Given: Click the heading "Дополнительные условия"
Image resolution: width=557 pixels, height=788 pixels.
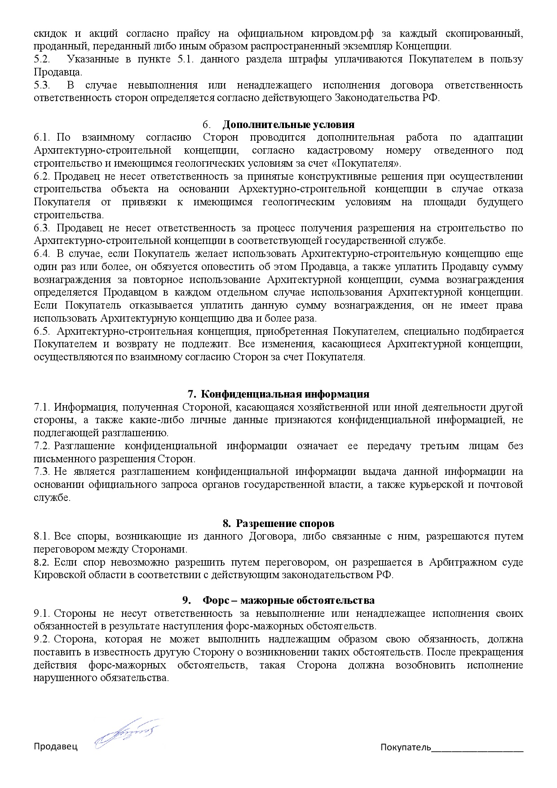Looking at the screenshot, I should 288,124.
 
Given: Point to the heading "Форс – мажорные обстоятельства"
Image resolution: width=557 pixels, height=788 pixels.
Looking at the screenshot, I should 288,601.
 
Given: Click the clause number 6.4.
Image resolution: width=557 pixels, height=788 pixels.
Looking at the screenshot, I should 42,253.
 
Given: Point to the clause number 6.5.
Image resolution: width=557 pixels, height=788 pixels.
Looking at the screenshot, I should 42,332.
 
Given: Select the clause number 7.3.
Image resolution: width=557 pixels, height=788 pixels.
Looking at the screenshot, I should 42,472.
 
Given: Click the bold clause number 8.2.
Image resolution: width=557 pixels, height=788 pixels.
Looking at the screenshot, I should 42,562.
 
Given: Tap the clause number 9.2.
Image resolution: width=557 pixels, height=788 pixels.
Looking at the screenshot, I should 42,639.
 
